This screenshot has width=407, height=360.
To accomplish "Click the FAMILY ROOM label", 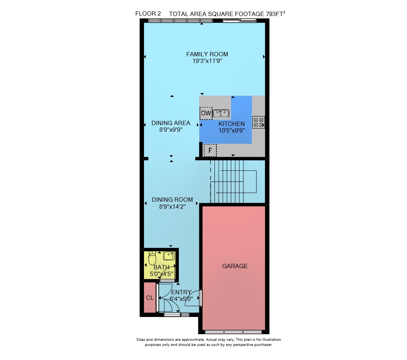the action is [207, 54].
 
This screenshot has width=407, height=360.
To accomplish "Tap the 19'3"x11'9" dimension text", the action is [207, 61].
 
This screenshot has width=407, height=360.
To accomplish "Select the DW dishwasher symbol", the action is [206, 113].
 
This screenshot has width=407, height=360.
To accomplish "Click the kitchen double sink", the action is [221, 113].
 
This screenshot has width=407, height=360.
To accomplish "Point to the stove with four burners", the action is [259, 122].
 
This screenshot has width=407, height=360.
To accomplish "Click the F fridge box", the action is [210, 150].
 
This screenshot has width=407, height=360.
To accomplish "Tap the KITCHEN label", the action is [232, 124].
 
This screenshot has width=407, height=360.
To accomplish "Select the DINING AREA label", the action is [171, 123].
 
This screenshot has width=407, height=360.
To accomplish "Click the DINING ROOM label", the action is [172, 200].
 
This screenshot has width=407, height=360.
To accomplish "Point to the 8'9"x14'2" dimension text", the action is [172, 206].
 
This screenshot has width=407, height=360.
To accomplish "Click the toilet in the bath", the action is [152, 258].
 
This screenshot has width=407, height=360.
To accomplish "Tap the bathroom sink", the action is [169, 256].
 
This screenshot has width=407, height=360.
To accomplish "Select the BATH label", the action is [162, 267].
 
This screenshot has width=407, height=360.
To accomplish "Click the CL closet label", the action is [150, 298].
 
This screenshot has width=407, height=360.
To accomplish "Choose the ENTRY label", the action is [181, 292].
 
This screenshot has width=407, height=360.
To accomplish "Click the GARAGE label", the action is [235, 266].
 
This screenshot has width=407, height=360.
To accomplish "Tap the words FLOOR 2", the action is [148, 13].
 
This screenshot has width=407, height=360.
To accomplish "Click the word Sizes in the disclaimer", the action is [140, 340].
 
